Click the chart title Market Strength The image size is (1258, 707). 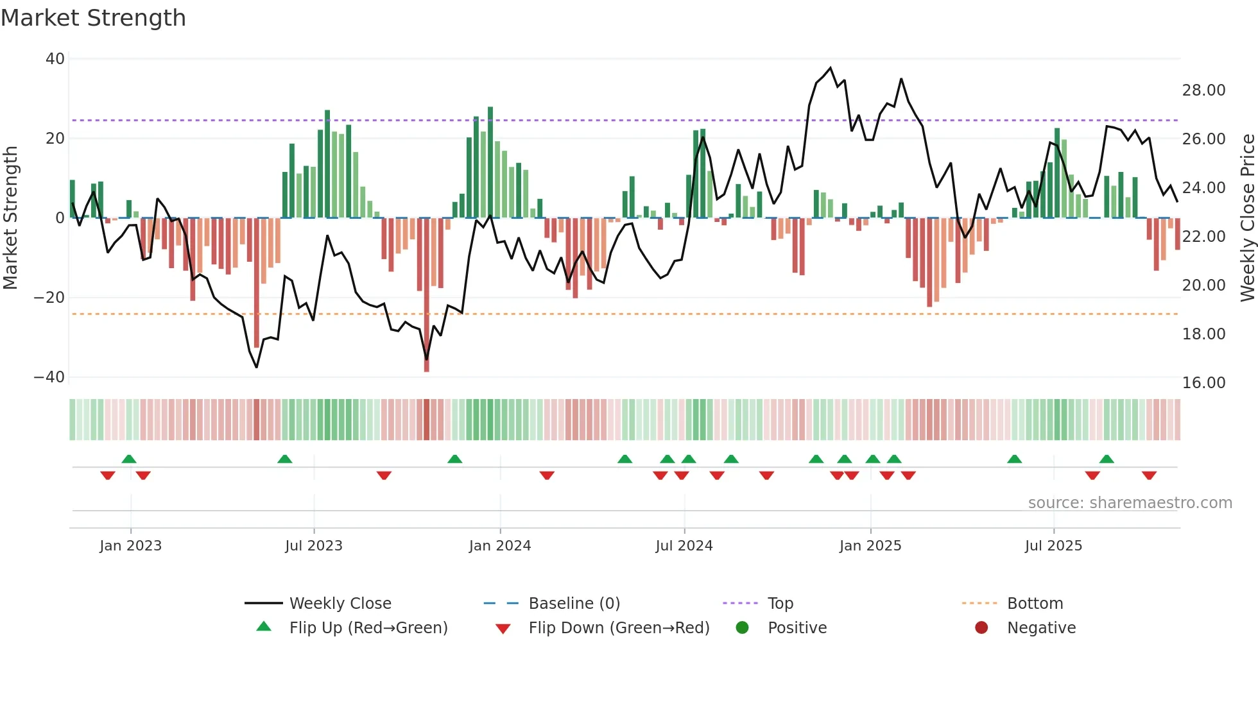tap(93, 18)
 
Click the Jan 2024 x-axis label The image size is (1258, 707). tap(500, 546)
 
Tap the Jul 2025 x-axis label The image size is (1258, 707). tap(1053, 546)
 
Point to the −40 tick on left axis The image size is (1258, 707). tap(49, 377)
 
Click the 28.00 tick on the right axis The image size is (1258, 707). tap(1203, 90)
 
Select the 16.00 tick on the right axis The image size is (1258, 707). tap(1203, 383)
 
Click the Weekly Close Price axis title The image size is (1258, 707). tap(1247, 218)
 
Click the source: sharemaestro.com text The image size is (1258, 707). tap(1130, 503)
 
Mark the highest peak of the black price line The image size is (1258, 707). tap(831, 68)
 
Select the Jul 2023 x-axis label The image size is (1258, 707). tap(314, 546)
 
